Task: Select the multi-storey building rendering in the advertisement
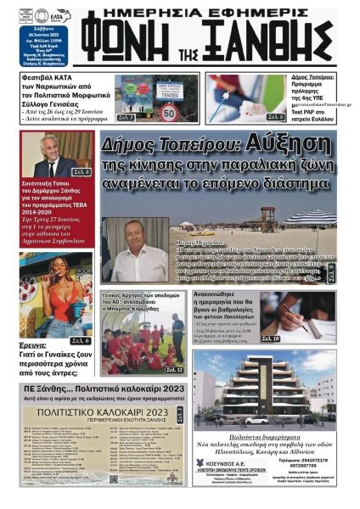pyautogui.click(x=270, y=388)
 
